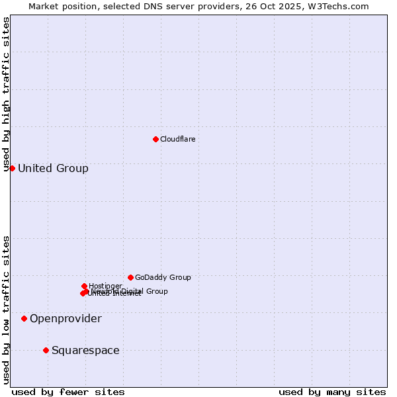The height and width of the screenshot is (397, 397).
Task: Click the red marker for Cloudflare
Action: (155, 139)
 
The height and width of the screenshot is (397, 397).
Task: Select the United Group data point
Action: (12, 168)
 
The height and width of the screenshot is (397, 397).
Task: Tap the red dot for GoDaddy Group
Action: (130, 277)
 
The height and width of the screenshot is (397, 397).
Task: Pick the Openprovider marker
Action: (24, 318)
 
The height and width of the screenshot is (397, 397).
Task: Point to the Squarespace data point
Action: (46, 350)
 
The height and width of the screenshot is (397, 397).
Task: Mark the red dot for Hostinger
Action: (84, 286)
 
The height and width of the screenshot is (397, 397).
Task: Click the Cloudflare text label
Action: (177, 139)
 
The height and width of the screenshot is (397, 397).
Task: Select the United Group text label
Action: (53, 168)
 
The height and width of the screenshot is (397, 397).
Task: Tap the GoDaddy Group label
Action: (163, 277)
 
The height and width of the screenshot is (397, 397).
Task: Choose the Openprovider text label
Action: (66, 319)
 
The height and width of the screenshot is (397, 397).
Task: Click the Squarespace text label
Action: (85, 350)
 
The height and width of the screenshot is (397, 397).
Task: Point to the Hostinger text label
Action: (105, 286)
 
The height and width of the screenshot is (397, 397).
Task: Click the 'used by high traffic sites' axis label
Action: (6, 95)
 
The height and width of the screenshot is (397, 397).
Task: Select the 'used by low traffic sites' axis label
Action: (6, 309)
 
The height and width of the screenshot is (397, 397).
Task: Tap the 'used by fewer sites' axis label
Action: (68, 392)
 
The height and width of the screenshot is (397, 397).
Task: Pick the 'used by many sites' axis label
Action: (332, 392)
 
